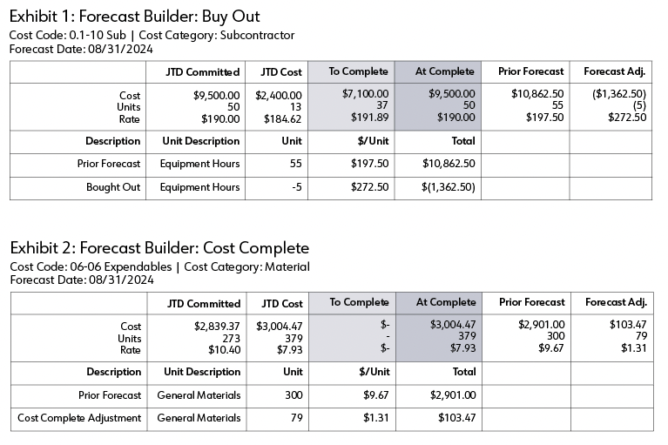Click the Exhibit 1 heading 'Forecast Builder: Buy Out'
[x=169, y=17]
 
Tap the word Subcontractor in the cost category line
[x=257, y=35]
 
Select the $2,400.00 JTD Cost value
[x=278, y=96]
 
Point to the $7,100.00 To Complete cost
[x=365, y=94]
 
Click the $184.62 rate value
[x=282, y=119]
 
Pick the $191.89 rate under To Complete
[x=369, y=118]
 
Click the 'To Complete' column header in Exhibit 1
[x=358, y=71]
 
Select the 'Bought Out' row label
[x=113, y=187]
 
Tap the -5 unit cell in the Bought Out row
[x=296, y=187]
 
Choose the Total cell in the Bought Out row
[x=449, y=187]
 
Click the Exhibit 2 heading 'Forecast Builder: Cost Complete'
[x=194, y=248]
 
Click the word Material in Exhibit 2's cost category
[x=287, y=266]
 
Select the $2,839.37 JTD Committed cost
[x=217, y=327]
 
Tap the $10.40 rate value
[x=224, y=350]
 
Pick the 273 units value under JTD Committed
[x=232, y=339]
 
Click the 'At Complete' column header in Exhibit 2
[x=446, y=302]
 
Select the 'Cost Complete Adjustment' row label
[x=79, y=418]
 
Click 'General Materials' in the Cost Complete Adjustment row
[x=199, y=418]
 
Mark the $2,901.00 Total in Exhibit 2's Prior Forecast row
[x=453, y=395]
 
